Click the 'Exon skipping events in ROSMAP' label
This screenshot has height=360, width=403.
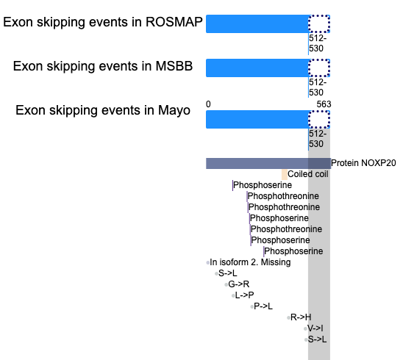click(x=103, y=22)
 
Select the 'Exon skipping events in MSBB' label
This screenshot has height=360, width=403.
click(x=103, y=66)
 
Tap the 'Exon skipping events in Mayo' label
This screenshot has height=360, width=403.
click(x=103, y=110)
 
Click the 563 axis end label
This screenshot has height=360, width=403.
click(x=324, y=104)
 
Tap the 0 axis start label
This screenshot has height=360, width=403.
click(x=208, y=104)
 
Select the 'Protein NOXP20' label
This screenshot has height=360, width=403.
click(x=363, y=163)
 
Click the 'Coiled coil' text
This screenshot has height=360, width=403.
click(x=308, y=174)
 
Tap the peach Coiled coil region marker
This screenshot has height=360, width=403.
click(x=285, y=175)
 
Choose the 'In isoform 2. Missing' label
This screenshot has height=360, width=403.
click(x=250, y=262)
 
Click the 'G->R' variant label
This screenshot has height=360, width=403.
click(x=239, y=284)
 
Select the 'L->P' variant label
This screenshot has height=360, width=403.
click(x=244, y=295)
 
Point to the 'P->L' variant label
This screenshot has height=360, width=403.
click(x=263, y=306)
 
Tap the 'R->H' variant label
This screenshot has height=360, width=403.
click(x=301, y=317)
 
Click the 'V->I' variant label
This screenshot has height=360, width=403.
click(x=315, y=328)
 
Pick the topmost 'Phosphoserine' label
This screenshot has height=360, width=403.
click(x=263, y=185)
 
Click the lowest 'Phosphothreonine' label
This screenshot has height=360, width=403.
click(x=286, y=229)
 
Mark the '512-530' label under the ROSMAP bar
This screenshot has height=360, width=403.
click(x=318, y=43)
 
